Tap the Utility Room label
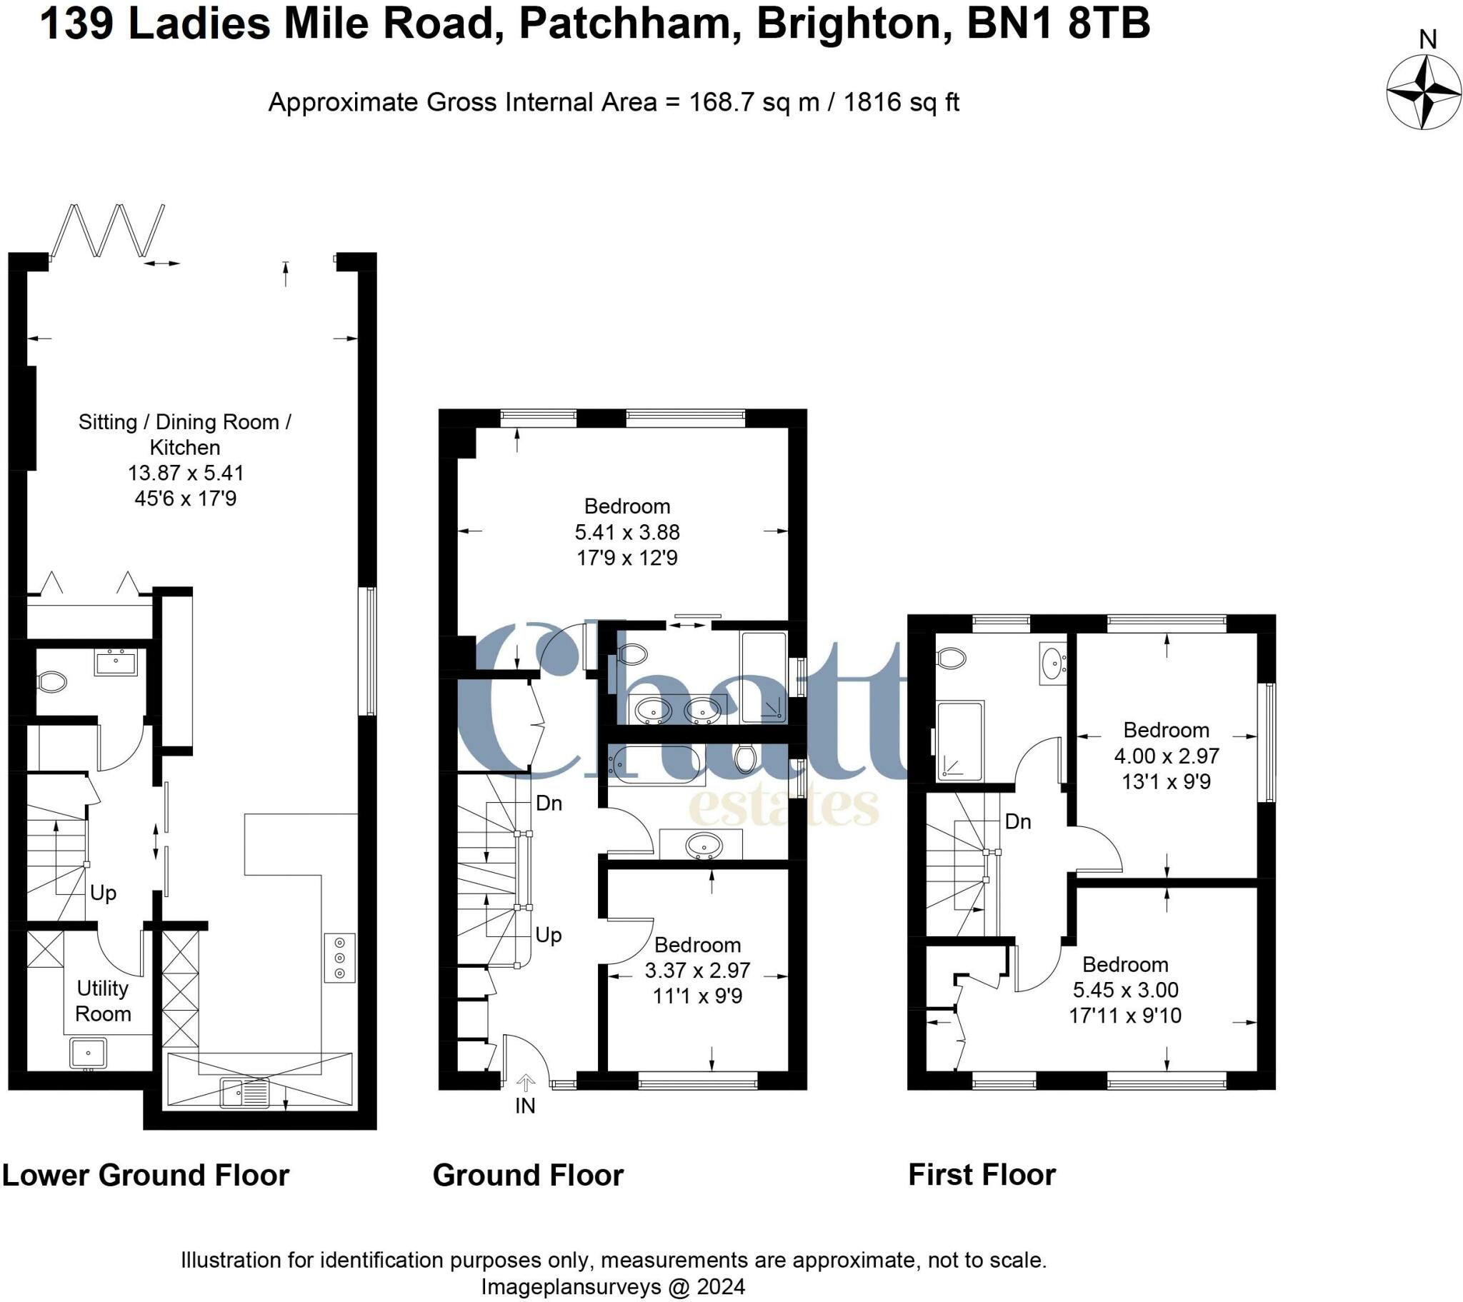(x=103, y=1001)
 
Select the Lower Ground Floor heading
(x=145, y=1176)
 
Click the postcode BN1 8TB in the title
(x=1058, y=23)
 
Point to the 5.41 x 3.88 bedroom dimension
(x=627, y=532)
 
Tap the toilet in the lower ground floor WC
(x=52, y=681)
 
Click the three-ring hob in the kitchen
(x=340, y=958)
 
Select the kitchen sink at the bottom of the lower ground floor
(x=245, y=1093)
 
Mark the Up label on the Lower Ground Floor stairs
(x=103, y=893)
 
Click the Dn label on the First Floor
(x=1018, y=821)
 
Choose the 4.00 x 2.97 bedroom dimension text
(x=1166, y=756)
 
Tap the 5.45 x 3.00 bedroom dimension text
(x=1125, y=990)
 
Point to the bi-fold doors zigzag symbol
(x=109, y=231)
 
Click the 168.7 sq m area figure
(x=754, y=102)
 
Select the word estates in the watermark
(x=783, y=808)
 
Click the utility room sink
(x=88, y=1053)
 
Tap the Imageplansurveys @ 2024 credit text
(x=613, y=1286)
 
